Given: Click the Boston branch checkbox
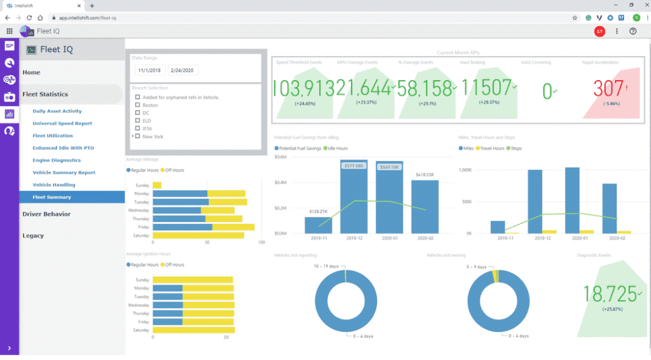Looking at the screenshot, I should tap(137, 105).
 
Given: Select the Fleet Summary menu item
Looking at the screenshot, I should tap(52, 197).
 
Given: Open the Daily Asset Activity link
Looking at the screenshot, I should tap(57, 111).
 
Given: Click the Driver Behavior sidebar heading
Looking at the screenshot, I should tap(46, 214).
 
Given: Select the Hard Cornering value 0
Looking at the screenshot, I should tap(547, 91).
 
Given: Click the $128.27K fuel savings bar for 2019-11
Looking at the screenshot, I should tap(318, 225).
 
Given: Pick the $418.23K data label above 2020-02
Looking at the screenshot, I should tap(425, 174).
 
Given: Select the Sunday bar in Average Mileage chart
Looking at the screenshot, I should tap(157, 185).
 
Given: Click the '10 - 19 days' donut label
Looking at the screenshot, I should tap(328, 267).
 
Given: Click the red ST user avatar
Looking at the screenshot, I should tap(599, 31).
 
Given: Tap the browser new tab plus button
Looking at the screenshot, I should tap(92, 5).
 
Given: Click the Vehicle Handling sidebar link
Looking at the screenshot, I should tap(54, 185).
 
